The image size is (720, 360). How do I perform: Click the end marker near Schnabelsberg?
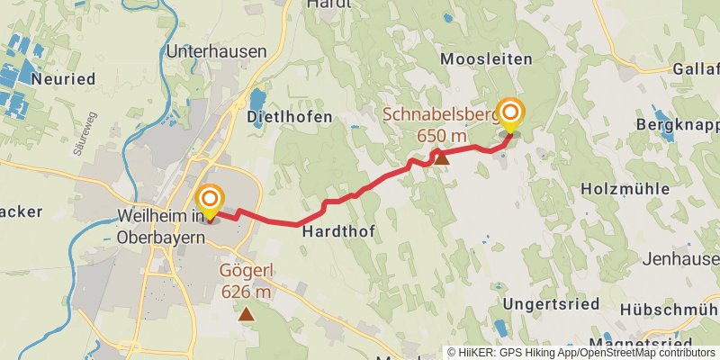click(510, 114)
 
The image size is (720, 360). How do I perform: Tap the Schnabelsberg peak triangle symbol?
click(441, 158)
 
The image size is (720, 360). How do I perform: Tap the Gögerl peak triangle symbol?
click(246, 314)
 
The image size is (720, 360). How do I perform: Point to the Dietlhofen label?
click(288, 117)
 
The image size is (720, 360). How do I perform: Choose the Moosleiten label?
click(486, 58)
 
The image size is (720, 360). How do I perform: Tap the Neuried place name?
click(62, 79)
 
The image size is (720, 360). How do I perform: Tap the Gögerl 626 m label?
click(246, 281)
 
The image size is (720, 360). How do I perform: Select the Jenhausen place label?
click(681, 258)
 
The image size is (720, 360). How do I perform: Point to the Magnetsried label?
click(639, 344)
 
